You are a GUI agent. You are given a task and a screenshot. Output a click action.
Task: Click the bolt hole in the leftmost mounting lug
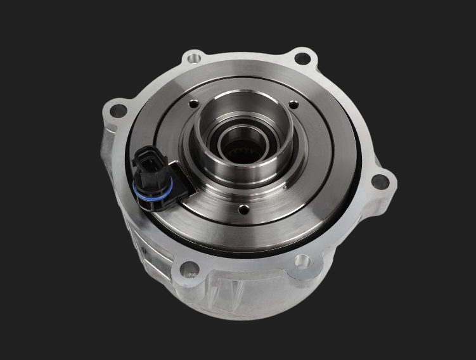tap(118, 112)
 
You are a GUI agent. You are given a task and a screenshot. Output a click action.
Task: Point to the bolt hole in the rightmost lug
tap(380, 182)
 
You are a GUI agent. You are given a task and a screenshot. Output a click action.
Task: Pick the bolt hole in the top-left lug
tap(193, 59)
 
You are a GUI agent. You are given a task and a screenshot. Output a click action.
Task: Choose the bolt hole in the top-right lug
tap(303, 59)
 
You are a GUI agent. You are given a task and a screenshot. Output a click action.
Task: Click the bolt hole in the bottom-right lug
tap(302, 260)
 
